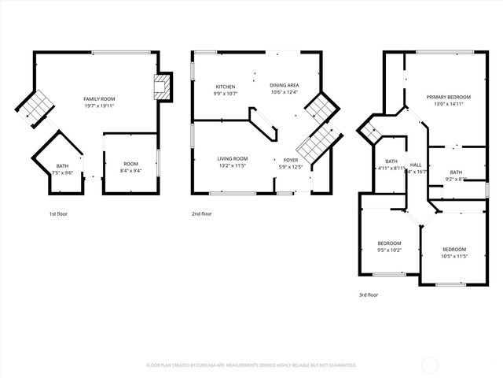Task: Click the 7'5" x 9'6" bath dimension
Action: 63,172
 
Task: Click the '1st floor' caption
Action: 57,213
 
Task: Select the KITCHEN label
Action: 226,86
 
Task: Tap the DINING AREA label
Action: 284,86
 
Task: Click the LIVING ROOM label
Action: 233,158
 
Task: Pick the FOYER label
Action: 290,158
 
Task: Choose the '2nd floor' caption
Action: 201,213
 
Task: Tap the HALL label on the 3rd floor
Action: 416,165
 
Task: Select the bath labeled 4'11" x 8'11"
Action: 390,168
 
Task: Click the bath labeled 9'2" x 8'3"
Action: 457,179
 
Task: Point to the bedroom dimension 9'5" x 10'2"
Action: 389,250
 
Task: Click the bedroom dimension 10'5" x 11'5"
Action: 454,256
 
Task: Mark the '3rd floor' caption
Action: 369,295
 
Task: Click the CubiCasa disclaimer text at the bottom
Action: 251,365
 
